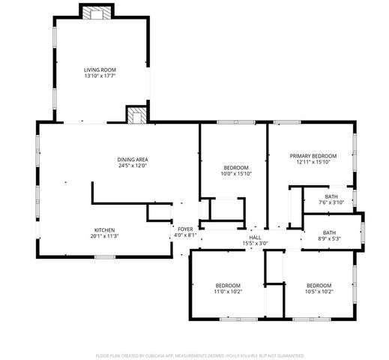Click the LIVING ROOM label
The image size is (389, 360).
pyautogui.click(x=99, y=69)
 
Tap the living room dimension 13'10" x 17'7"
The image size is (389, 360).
pyautogui.click(x=99, y=76)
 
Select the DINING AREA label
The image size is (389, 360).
pyautogui.click(x=132, y=159)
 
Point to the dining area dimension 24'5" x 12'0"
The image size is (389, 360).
pyautogui.click(x=132, y=166)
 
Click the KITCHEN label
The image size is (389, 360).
pyautogui.click(x=104, y=229)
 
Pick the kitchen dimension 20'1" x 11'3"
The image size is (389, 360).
pyautogui.click(x=104, y=236)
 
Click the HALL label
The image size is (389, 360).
pyautogui.click(x=255, y=237)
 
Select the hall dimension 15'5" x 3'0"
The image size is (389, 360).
pyautogui.click(x=255, y=244)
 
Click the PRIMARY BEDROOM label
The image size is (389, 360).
pyautogui.click(x=313, y=155)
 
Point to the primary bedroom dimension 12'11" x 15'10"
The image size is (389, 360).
pyautogui.click(x=313, y=162)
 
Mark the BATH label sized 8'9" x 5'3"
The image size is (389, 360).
pyautogui.click(x=330, y=232)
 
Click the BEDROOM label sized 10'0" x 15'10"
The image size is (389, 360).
pyautogui.click(x=236, y=167)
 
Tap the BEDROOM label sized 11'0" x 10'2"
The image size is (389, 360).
pyautogui.click(x=228, y=285)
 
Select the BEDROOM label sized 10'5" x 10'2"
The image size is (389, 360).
pyautogui.click(x=319, y=285)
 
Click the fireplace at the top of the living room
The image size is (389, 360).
pyautogui.click(x=96, y=13)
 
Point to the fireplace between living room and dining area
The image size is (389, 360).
pyautogui.click(x=136, y=115)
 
